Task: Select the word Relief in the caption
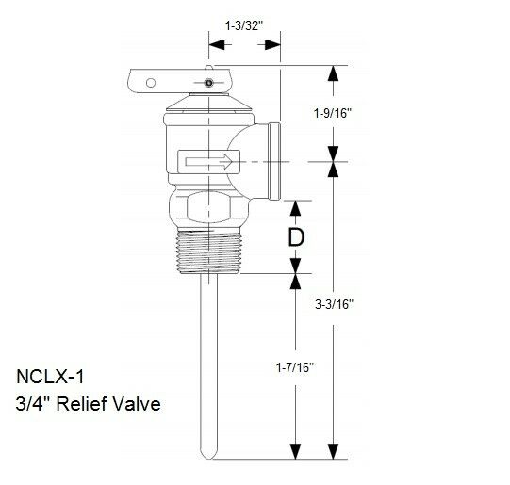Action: (x=86, y=405)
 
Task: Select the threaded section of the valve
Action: (x=209, y=251)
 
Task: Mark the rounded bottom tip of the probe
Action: (x=209, y=458)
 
